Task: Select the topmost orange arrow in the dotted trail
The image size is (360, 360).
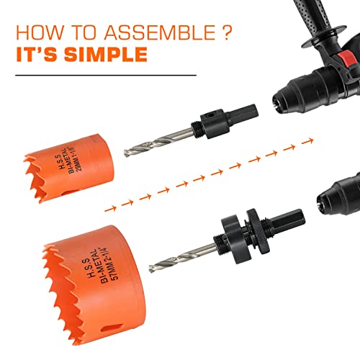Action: tap(292, 147)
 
